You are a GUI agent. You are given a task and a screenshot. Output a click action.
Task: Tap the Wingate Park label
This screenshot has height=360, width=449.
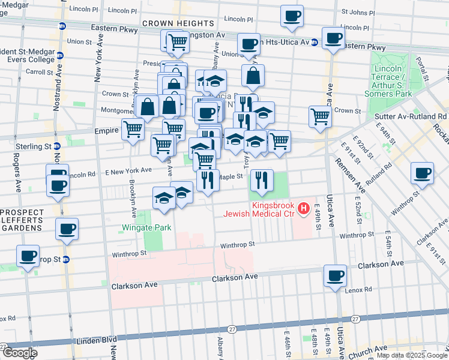click(x=146, y=227)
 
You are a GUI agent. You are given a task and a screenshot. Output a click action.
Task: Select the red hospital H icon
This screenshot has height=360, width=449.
click(x=304, y=209)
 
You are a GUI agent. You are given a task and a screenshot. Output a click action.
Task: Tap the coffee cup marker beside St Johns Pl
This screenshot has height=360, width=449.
click(x=292, y=17)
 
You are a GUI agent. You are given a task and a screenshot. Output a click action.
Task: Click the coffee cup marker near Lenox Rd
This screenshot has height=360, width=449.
click(x=335, y=276)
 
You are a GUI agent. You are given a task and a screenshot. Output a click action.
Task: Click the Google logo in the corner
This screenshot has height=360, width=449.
click(x=20, y=352)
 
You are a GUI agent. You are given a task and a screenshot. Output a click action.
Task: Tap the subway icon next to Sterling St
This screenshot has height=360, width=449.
click(x=57, y=146)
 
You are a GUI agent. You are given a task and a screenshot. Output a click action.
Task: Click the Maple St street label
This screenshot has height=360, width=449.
click(x=231, y=176)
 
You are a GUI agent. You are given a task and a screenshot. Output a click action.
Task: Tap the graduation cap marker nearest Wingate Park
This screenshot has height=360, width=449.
click(x=164, y=199)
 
